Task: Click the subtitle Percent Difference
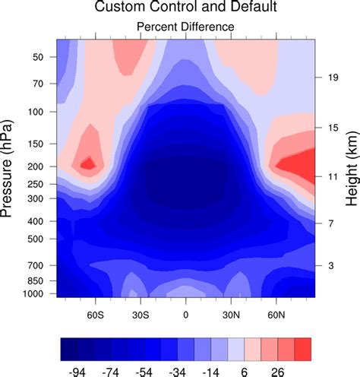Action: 185,27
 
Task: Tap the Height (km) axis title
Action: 352,168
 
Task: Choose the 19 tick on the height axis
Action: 331,77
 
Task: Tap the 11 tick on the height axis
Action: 331,176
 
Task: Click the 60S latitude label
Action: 95,313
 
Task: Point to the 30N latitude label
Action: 231,313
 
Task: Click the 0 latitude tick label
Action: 185,313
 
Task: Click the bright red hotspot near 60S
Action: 88,163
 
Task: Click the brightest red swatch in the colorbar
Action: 302,349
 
